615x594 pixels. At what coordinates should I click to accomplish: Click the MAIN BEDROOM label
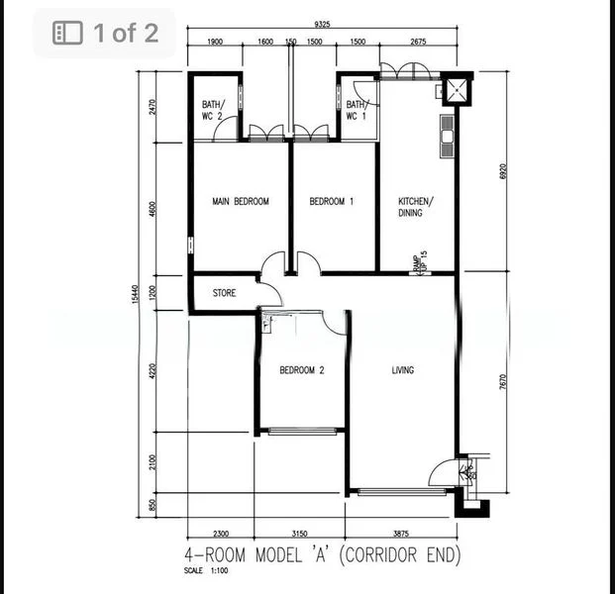[x=241, y=201]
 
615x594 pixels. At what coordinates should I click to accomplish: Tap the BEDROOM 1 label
[x=332, y=201]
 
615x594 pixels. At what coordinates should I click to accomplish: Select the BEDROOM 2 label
[x=301, y=370]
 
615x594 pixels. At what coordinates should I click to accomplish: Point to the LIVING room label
[x=402, y=370]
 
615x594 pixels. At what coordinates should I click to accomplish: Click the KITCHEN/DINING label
[x=416, y=206]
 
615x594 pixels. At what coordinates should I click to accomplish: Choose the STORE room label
[x=224, y=293]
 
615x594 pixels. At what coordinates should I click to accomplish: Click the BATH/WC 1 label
[x=357, y=110]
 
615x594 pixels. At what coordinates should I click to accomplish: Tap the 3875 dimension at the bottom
[x=401, y=534]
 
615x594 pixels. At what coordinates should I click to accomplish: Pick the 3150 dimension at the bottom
[x=300, y=534]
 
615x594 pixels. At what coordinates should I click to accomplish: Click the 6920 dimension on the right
[x=503, y=170]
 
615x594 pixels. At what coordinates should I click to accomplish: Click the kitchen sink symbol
[x=447, y=129]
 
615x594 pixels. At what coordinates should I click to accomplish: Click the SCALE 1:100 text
[x=206, y=570]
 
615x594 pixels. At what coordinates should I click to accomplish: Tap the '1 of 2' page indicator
[x=106, y=33]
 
